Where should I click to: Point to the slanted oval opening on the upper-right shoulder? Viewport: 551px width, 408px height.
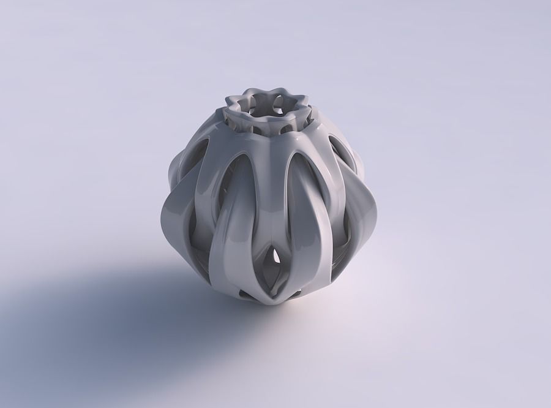(338, 147)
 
